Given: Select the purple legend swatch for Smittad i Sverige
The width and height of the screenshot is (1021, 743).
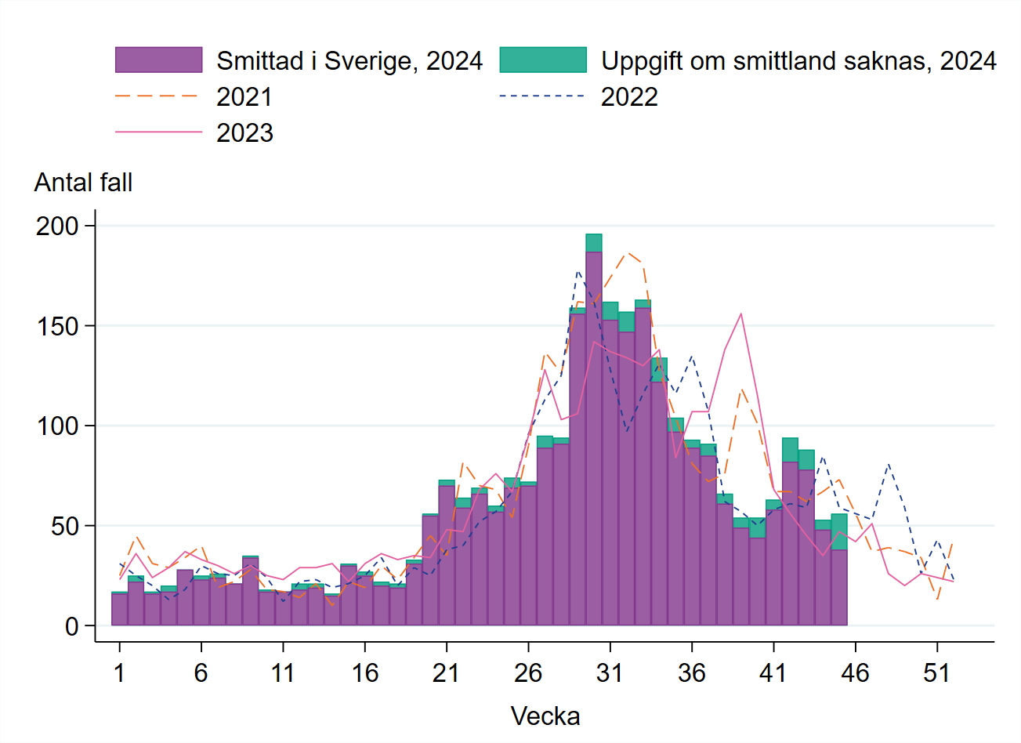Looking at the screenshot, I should tap(158, 60).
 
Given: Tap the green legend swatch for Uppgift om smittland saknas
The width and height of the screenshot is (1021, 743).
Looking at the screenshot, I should tap(542, 60).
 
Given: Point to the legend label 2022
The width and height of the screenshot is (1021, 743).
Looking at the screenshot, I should tap(629, 97).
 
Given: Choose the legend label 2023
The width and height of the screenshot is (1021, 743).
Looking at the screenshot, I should tap(244, 133).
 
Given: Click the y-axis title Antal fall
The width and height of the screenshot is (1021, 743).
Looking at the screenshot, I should tap(83, 183).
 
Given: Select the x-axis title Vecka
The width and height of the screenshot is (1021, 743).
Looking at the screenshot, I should tap(545, 716).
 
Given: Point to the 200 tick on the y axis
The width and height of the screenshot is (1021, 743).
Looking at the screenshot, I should tap(57, 227).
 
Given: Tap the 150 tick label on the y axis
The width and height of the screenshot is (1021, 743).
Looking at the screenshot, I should tap(57, 326).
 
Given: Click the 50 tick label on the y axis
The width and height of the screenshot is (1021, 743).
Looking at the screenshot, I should tap(65, 527).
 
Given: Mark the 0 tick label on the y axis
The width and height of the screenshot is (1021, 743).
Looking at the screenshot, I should tap(72, 626).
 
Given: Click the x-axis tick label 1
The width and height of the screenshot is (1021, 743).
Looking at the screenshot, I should tap(119, 672).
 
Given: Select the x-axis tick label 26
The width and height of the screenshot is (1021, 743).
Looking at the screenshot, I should tap(528, 672).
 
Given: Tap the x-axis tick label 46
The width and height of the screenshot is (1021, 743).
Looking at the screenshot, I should tap(855, 672).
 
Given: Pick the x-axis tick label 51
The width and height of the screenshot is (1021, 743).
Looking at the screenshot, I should tap(936, 672).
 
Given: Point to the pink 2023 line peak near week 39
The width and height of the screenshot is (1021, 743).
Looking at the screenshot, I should tap(740, 314).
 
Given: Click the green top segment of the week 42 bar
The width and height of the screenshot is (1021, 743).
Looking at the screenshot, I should tap(790, 450).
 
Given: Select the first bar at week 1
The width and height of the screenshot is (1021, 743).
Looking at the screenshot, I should tap(119, 610).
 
